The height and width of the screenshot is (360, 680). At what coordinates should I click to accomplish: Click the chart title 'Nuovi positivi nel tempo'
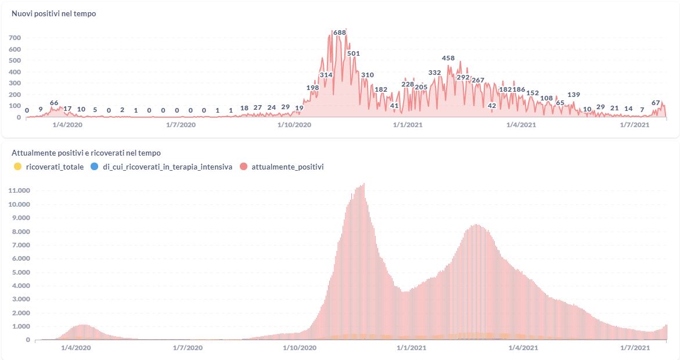tap(54, 13)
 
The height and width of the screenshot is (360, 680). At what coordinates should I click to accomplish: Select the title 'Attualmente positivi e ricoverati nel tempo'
tap(86, 153)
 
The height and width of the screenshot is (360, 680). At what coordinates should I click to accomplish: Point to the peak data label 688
tap(340, 32)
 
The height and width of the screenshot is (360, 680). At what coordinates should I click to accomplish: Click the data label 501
tap(354, 53)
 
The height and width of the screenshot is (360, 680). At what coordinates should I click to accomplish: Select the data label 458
tap(448, 58)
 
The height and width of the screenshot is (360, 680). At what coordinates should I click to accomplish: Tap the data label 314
tap(326, 75)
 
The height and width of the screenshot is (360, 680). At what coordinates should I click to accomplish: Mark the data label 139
tap(574, 95)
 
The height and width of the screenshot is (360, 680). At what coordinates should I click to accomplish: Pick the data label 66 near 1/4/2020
tap(54, 103)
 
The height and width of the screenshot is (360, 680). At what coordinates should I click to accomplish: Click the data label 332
tap(434, 73)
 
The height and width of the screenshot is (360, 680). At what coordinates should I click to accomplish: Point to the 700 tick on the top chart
tap(15, 38)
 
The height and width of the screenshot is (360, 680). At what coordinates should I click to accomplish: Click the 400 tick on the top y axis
tap(15, 72)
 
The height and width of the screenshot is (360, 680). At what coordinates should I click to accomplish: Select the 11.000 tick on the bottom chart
tap(20, 190)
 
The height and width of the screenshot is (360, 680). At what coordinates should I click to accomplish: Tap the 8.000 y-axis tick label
tap(20, 231)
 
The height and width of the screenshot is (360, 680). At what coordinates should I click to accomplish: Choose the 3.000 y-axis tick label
tap(20, 299)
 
